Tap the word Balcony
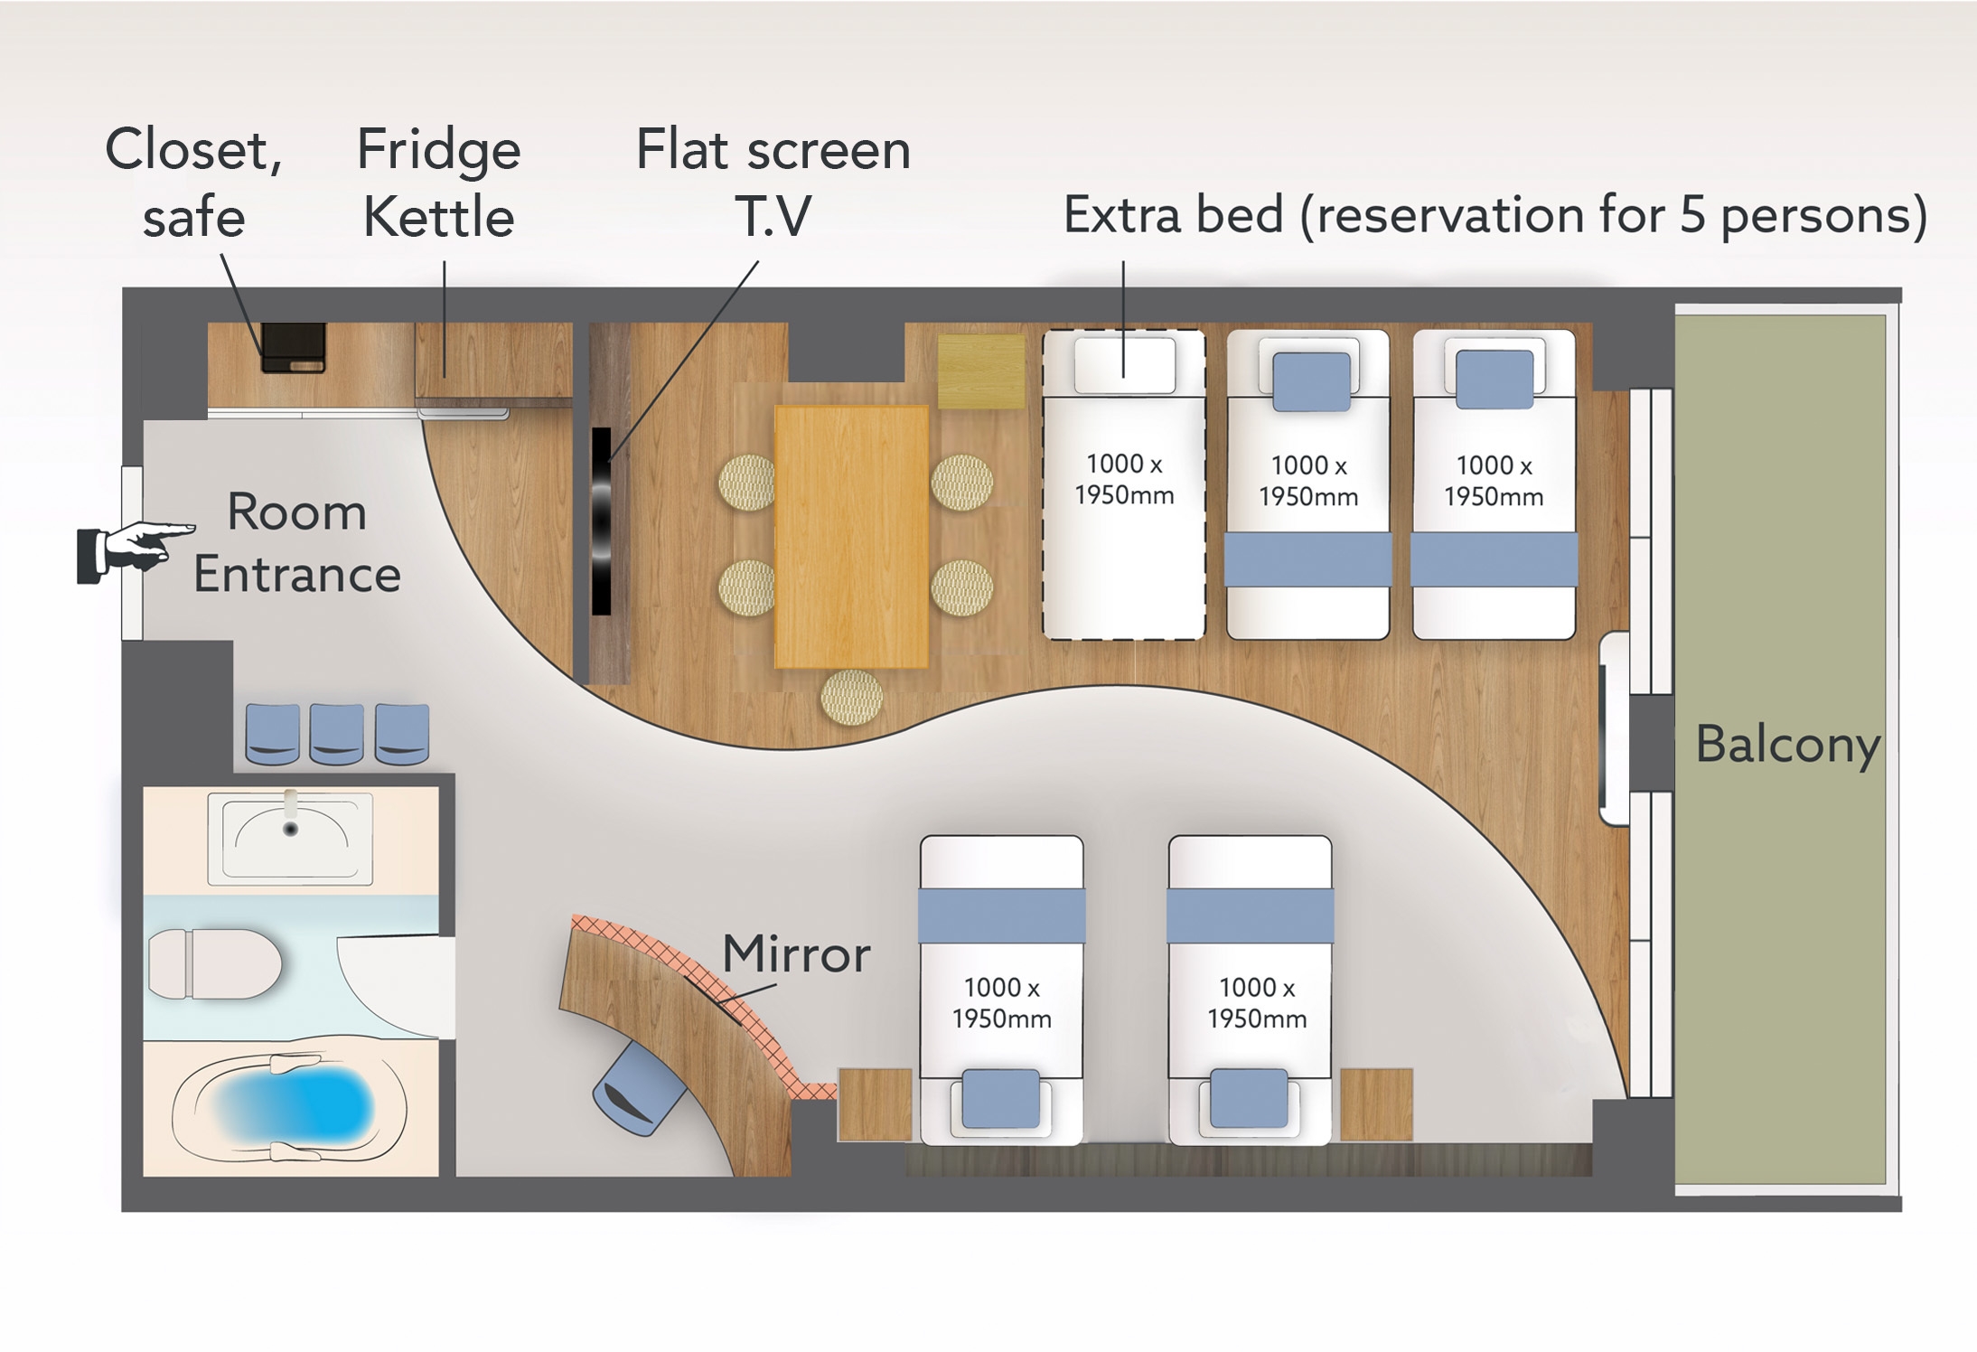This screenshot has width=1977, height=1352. (1787, 745)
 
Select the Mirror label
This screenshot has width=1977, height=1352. (796, 954)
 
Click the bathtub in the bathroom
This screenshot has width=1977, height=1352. (291, 1106)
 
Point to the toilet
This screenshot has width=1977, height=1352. (215, 964)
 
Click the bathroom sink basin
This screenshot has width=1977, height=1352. (290, 837)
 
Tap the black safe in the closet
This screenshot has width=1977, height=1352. (293, 348)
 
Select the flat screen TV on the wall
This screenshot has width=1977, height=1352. (602, 521)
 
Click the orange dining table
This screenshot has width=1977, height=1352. (851, 537)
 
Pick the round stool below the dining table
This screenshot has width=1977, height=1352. (851, 698)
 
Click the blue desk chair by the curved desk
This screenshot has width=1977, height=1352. (637, 1092)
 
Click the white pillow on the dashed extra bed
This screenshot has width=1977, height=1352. (1124, 364)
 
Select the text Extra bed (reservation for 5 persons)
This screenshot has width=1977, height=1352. (1494, 215)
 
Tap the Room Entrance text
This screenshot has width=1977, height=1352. (296, 543)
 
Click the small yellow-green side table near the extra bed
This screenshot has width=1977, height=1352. (981, 371)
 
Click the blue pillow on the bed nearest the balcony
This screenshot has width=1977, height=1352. (1494, 379)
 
